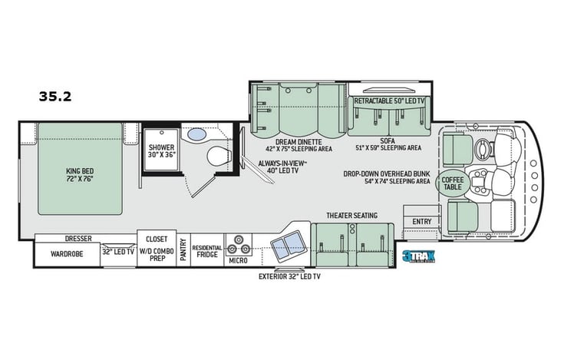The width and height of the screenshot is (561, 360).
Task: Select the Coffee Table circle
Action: coord(450,183)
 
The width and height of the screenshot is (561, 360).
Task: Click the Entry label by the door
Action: coord(422,221)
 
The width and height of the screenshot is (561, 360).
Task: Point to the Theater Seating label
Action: coord(351,215)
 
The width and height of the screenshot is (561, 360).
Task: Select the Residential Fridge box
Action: coord(208,251)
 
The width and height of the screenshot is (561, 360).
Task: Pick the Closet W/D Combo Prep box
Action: coord(157,245)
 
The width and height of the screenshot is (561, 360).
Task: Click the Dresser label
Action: coord(79,239)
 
